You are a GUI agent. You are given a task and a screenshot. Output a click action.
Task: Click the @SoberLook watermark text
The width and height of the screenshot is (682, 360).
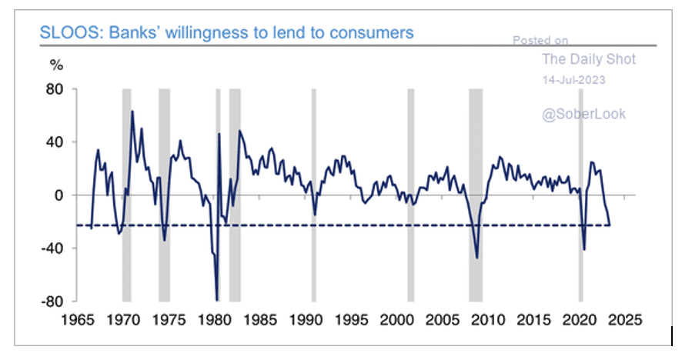click(x=584, y=114)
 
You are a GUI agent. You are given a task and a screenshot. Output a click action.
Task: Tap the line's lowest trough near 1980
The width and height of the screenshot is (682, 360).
click(x=217, y=300)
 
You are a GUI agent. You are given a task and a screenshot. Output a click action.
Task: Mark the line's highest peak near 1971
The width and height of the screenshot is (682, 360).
click(x=132, y=112)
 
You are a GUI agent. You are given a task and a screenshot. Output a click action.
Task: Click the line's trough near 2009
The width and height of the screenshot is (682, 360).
click(x=477, y=258)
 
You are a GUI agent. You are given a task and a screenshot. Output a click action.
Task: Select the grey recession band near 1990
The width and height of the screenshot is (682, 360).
click(x=313, y=195)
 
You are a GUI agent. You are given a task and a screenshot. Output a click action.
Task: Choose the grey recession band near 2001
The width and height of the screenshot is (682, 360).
click(x=410, y=195)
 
